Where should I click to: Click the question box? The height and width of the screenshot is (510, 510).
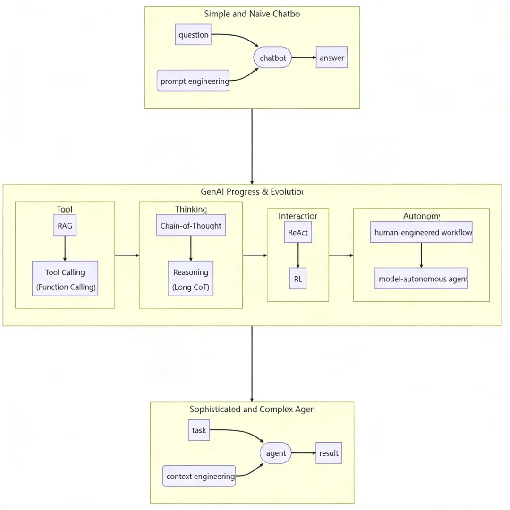pyautogui.click(x=193, y=35)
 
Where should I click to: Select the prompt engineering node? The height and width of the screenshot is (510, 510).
pyautogui.click(x=193, y=81)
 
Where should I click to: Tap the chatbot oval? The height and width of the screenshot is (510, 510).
pyautogui.click(x=273, y=58)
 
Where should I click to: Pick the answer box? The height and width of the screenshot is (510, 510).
pyautogui.click(x=331, y=58)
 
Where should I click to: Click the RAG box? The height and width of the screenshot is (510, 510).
pyautogui.click(x=65, y=226)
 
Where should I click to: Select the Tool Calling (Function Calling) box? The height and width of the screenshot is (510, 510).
pyautogui.click(x=65, y=279)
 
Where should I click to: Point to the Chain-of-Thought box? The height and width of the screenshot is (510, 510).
pyautogui.click(x=190, y=226)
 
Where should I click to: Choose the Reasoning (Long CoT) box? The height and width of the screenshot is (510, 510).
pyautogui.click(x=191, y=279)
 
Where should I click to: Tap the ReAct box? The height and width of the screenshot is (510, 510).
pyautogui.click(x=297, y=232)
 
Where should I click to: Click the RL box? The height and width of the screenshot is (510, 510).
pyautogui.click(x=297, y=279)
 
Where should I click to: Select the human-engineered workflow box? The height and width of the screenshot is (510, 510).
pyautogui.click(x=421, y=232)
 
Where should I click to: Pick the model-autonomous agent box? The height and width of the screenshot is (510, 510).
pyautogui.click(x=421, y=279)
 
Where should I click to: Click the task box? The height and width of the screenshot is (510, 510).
pyautogui.click(x=199, y=430)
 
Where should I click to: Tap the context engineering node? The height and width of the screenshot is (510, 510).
pyautogui.click(x=199, y=477)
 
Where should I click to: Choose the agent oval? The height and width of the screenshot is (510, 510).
pyautogui.click(x=276, y=453)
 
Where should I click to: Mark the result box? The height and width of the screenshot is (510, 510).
pyautogui.click(x=329, y=453)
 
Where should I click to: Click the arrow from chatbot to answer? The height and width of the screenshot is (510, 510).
pyautogui.click(x=304, y=58)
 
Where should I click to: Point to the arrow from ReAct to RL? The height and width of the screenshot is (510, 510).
pyautogui.click(x=297, y=255)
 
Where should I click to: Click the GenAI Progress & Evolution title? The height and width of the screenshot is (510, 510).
pyautogui.click(x=252, y=192)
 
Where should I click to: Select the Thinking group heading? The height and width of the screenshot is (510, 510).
pyautogui.click(x=191, y=209)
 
